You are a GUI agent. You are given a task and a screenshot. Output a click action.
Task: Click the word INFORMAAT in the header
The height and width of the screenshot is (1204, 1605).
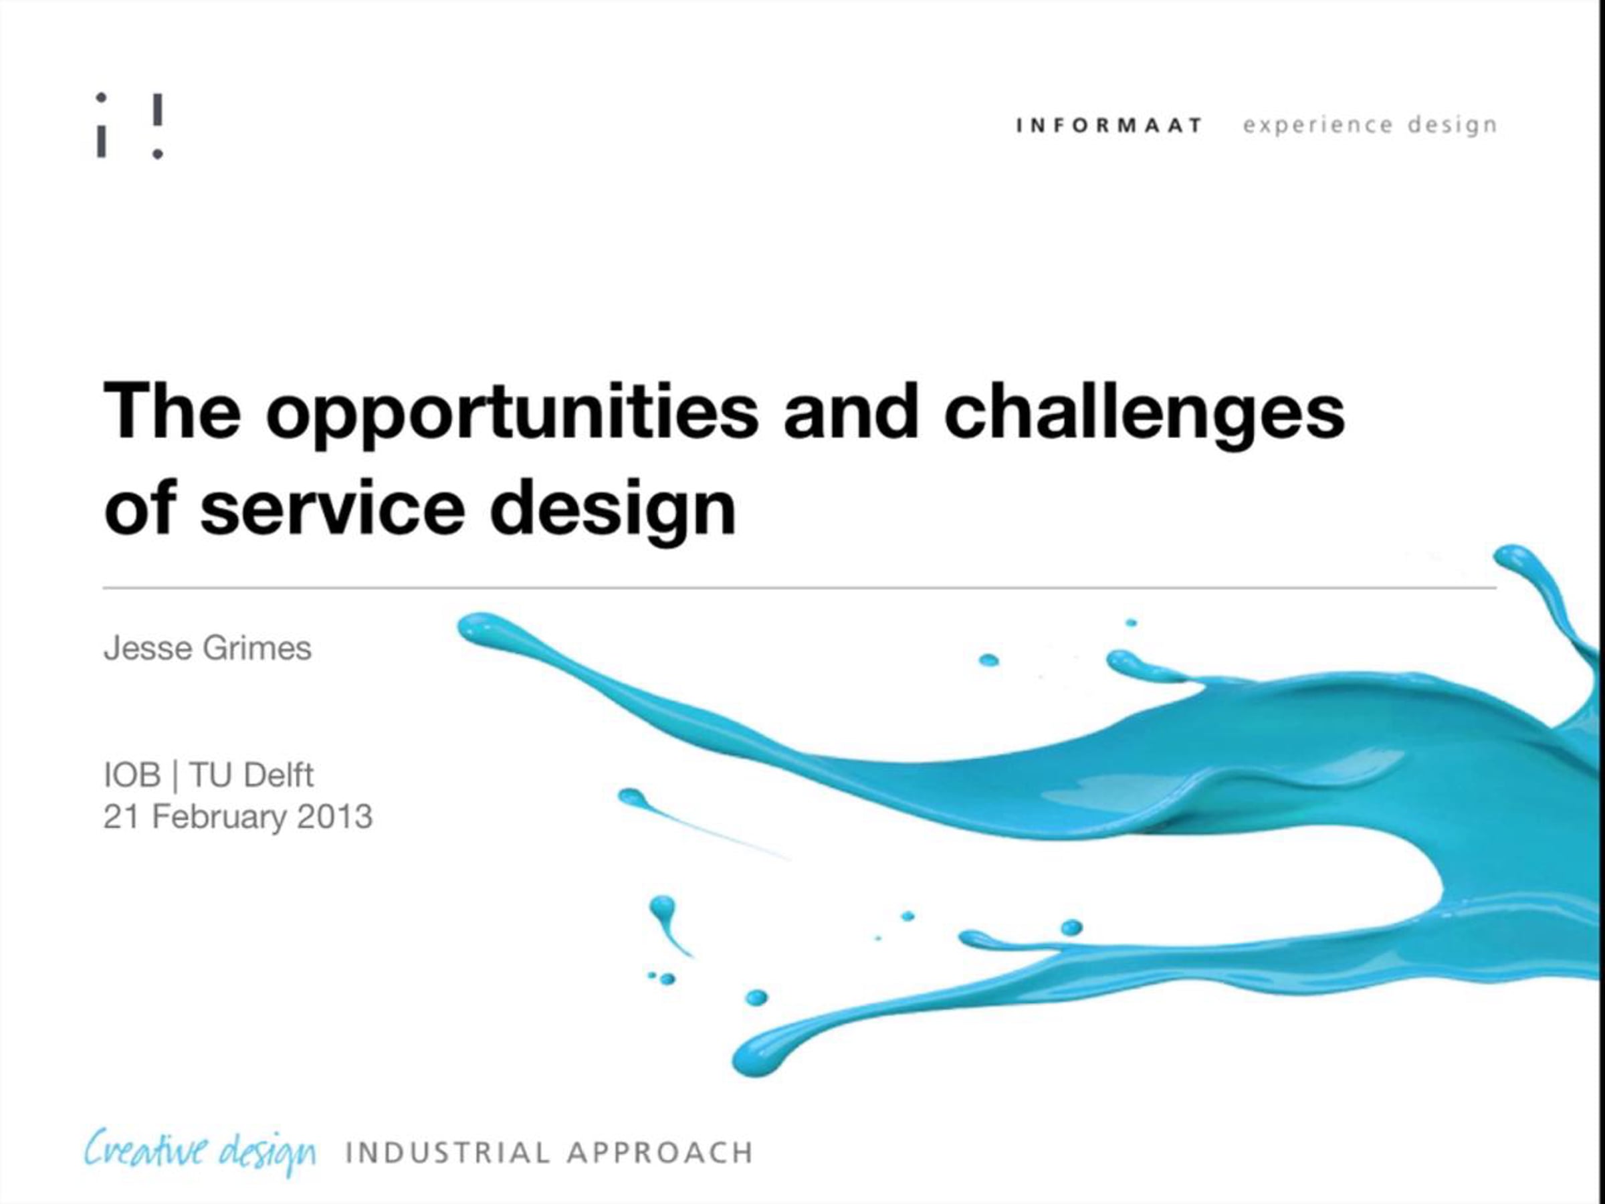pos(1109,126)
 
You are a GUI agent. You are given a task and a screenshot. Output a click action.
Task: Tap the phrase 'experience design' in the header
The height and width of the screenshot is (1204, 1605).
pos(1370,126)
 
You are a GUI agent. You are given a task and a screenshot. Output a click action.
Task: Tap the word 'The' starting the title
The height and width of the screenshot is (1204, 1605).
pos(172,410)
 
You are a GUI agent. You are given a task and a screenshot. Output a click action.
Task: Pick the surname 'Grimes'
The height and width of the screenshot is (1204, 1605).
pos(257,648)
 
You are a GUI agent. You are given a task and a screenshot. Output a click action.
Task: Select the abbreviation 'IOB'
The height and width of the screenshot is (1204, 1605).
pos(132,775)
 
